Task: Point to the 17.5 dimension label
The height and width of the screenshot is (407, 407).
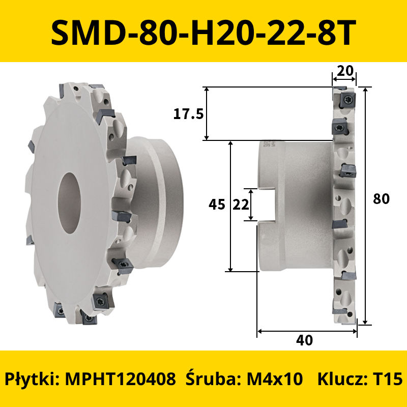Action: [x=188, y=114]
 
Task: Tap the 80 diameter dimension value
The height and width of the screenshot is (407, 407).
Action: [x=381, y=199]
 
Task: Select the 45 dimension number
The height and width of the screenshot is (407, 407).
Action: [x=217, y=205]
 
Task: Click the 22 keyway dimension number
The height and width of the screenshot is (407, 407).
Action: [x=241, y=205]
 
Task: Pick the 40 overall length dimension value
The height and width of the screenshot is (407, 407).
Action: [x=304, y=340]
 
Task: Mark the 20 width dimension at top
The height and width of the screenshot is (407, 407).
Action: [x=345, y=71]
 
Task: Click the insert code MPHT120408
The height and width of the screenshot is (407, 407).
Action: [x=121, y=379]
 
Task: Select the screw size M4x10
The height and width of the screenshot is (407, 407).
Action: [x=275, y=379]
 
